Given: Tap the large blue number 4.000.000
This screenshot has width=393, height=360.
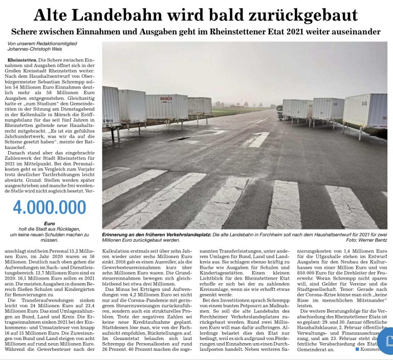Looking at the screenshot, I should (x=49, y=207).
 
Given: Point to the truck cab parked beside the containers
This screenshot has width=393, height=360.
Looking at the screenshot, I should (x=279, y=112).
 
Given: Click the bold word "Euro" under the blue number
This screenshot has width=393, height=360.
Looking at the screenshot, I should (x=50, y=224).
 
